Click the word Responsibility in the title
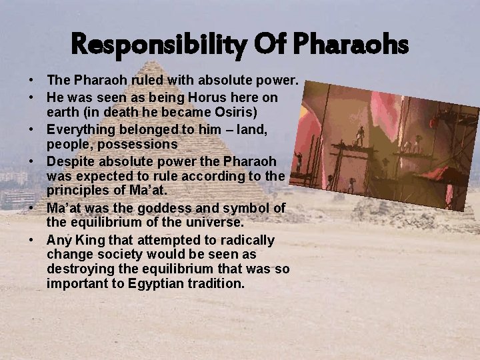159,46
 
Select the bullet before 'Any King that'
32,240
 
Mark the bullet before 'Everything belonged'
32,129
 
